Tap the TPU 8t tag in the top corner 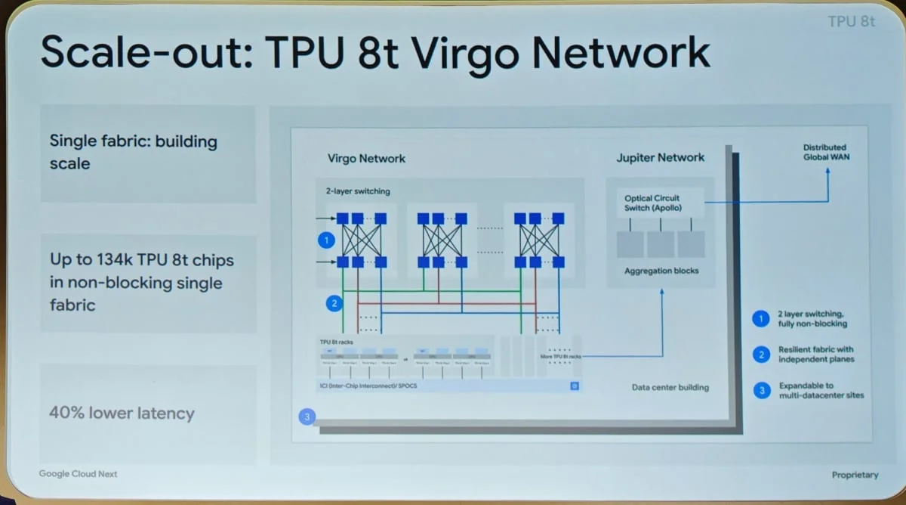point(852,21)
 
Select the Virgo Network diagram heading point(366,159)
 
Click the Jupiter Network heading point(660,158)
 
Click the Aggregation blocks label point(661,271)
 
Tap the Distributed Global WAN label point(824,152)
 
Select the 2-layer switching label point(353,191)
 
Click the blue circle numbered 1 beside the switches point(326,240)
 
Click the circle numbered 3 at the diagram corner point(307,417)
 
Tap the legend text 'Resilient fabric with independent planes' point(816,354)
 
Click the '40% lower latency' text point(122,414)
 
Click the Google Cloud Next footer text point(79,474)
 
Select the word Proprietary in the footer point(855,475)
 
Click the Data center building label point(670,388)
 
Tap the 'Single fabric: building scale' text point(133,152)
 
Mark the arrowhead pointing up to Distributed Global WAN point(827,172)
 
